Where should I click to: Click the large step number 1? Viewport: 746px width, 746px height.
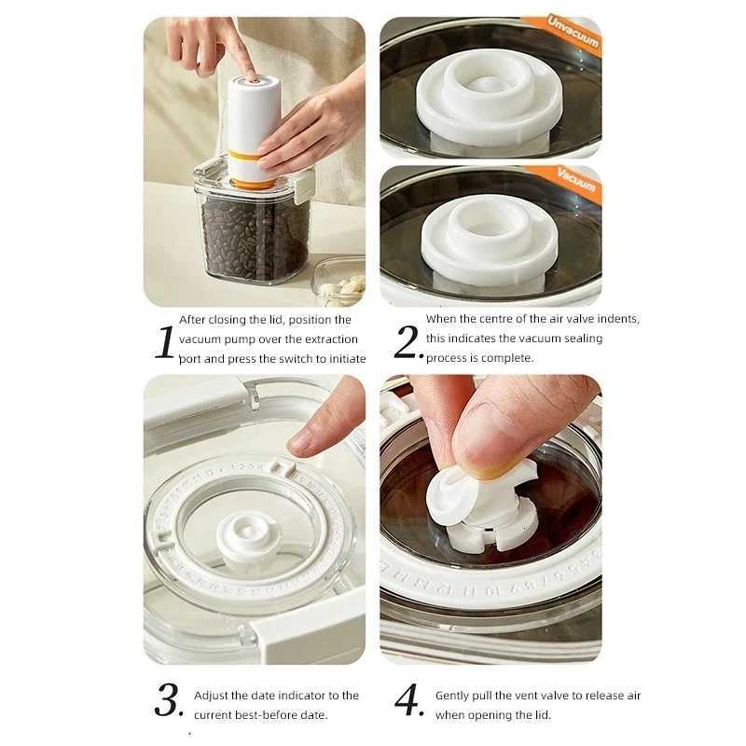coord(164,342)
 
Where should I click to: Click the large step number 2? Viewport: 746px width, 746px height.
coord(408,342)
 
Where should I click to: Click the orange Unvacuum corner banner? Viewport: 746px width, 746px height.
coord(573,34)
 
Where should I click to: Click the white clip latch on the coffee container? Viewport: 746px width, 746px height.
coord(302,185)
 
